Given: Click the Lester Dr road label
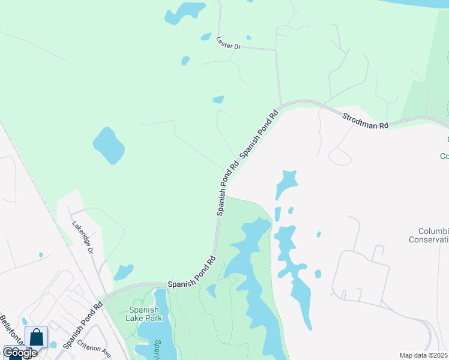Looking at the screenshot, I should coord(228,43).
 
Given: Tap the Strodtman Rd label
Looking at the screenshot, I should coord(366,119).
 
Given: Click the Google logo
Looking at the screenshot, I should coord(20,352).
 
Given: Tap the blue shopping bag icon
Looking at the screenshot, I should coord(36,337).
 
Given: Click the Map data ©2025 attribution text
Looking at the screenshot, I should coord(423,355).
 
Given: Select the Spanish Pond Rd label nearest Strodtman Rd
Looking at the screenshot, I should coord(259,133).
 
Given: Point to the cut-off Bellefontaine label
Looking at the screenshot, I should coord(12,330).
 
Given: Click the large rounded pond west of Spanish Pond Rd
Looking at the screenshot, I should coord(109,146).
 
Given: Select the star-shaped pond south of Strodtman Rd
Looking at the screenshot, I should coord(286,182).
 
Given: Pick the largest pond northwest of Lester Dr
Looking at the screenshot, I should coord(184,13).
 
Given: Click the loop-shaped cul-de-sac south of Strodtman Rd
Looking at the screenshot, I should coord(340,157).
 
